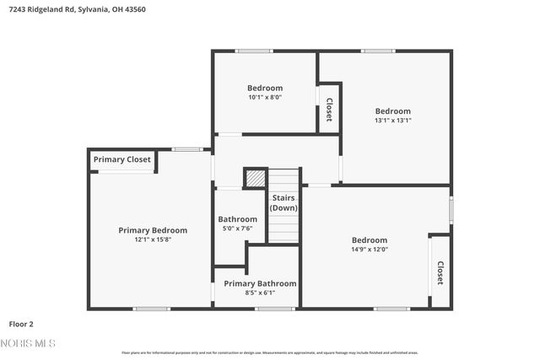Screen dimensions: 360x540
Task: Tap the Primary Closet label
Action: (122, 159)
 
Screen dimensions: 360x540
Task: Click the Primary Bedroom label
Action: (153, 230)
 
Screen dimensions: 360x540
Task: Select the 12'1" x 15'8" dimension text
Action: (153, 239)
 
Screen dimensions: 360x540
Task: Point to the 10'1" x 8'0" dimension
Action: (265, 97)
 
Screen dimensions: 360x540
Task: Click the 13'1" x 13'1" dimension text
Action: (393, 121)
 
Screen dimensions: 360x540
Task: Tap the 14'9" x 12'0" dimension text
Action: (370, 249)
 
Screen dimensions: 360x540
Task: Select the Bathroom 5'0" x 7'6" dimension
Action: (237, 228)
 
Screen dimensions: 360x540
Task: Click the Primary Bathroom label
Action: (260, 283)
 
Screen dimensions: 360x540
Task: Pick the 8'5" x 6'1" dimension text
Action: (260, 293)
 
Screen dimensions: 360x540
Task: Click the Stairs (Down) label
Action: (283, 202)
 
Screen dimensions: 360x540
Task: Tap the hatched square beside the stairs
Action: (255, 178)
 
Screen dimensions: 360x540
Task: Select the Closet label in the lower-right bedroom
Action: (440, 272)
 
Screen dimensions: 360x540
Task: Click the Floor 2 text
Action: (21, 323)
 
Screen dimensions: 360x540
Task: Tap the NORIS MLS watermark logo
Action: (29, 343)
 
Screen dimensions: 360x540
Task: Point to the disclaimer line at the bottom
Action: (269, 352)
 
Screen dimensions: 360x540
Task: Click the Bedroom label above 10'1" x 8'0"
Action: (265, 88)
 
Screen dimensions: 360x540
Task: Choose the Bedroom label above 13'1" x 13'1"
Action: (393, 111)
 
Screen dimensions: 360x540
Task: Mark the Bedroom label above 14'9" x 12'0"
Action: (370, 239)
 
